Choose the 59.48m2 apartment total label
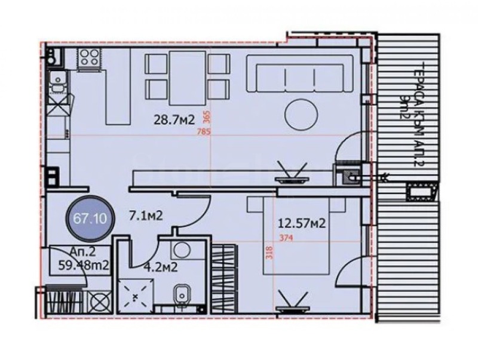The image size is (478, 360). coord(79,266)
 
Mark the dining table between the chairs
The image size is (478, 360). coord(187,76)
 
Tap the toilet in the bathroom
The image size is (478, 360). coord(180,295)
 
